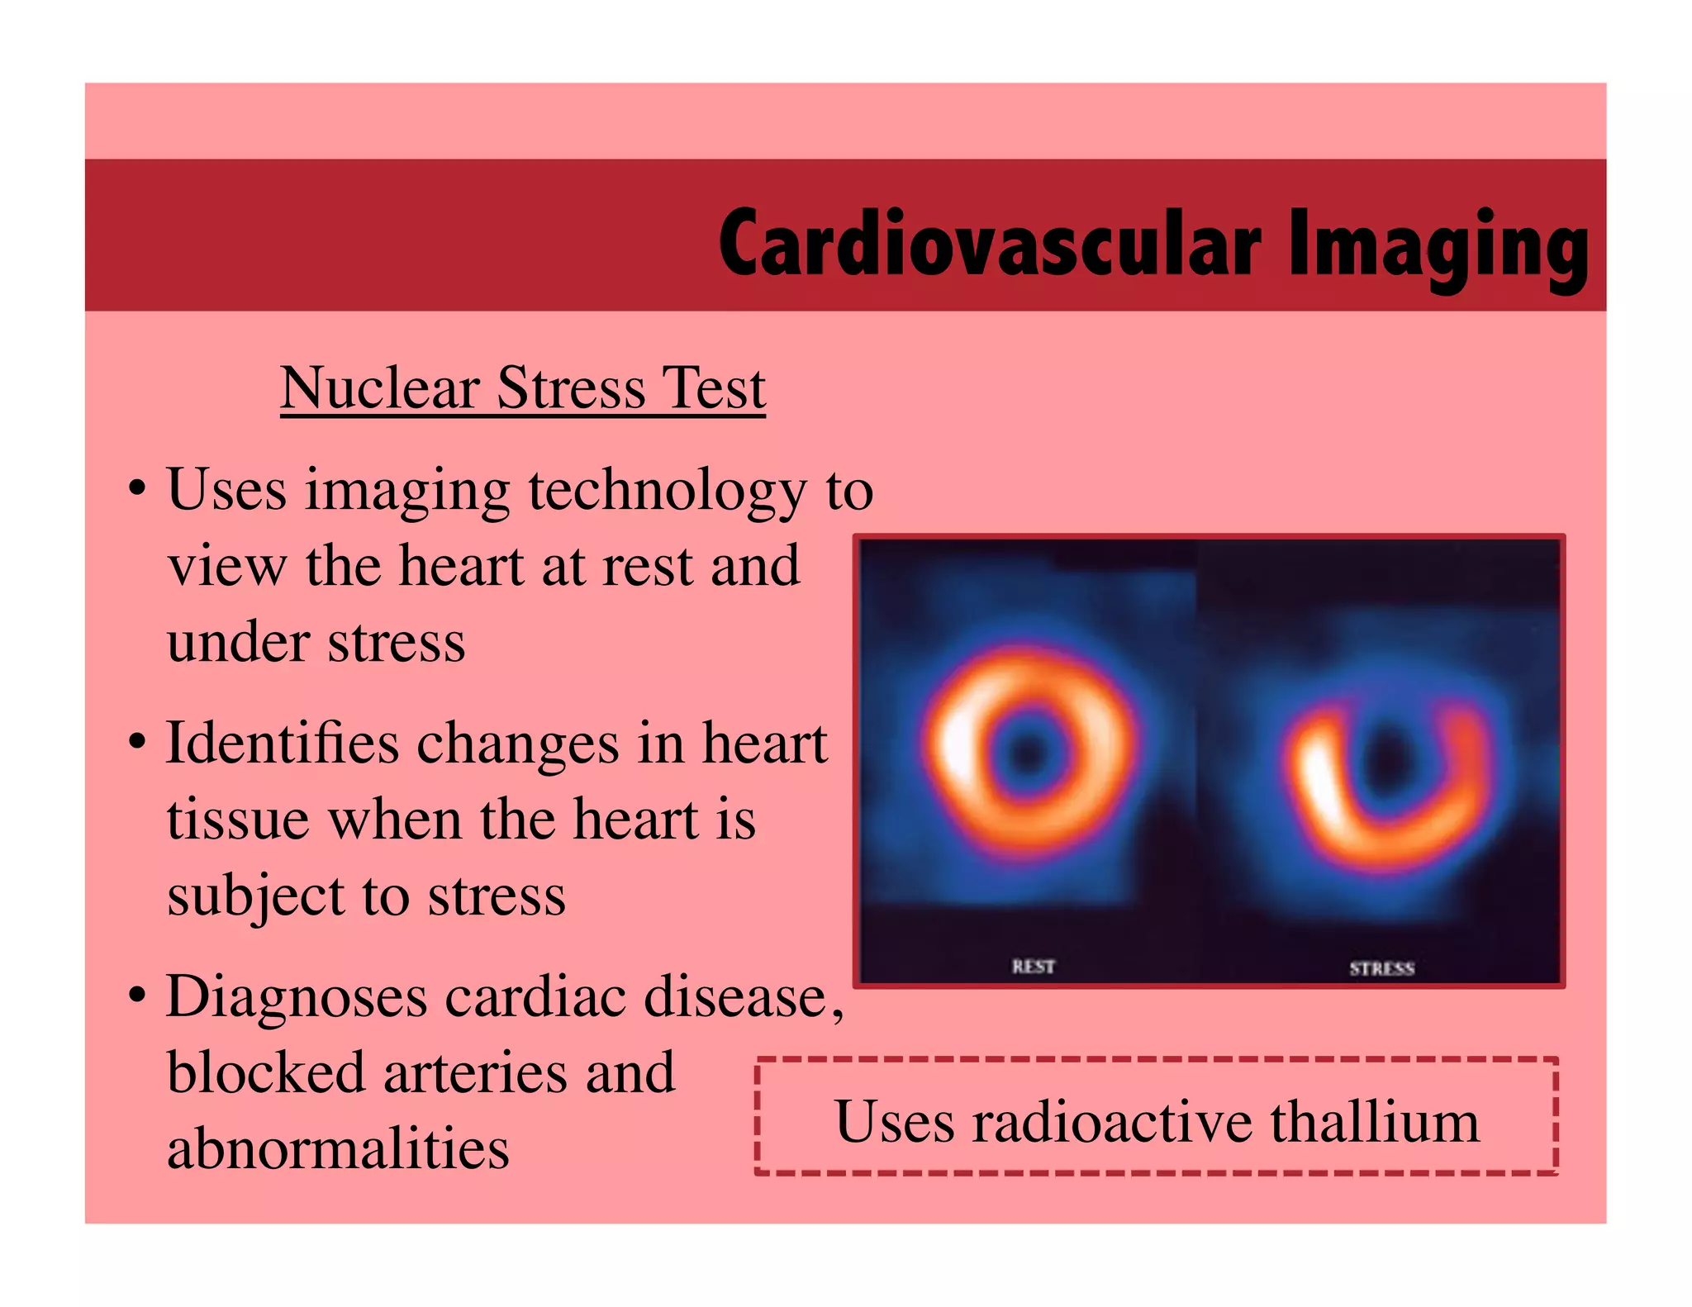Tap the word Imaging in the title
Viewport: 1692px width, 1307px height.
(x=1438, y=245)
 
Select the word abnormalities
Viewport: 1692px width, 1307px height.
(x=338, y=1148)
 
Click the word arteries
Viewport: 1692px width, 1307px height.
(x=476, y=1072)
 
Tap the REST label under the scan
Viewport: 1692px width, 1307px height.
(x=1033, y=966)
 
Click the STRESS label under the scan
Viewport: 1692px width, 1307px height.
(x=1381, y=968)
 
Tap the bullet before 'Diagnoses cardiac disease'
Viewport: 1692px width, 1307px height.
(x=137, y=995)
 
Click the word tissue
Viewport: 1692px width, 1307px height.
(x=238, y=820)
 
